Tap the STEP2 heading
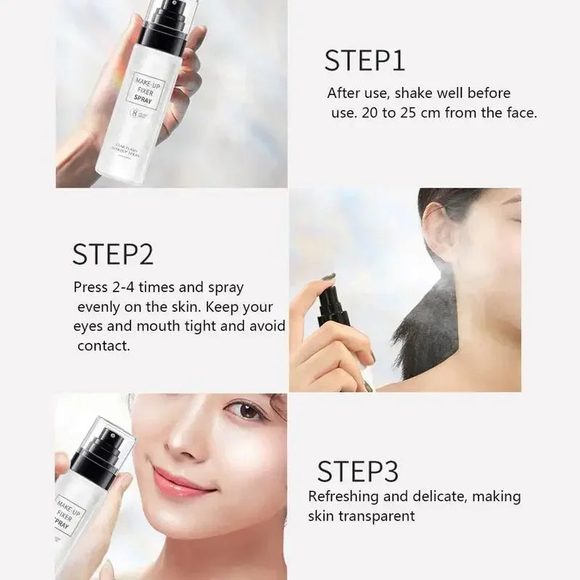tap(112, 254)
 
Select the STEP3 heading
tap(357, 471)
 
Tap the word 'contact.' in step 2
tap(104, 346)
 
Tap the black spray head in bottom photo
tap(96, 447)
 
